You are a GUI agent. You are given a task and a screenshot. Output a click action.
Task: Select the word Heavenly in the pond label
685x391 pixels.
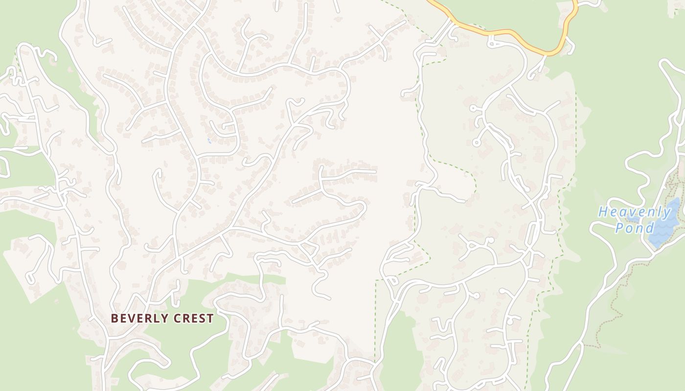coord(635,212)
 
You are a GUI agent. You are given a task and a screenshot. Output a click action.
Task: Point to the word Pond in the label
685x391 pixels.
coord(635,228)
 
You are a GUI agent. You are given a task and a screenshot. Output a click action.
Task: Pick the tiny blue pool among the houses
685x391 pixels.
coord(209,141)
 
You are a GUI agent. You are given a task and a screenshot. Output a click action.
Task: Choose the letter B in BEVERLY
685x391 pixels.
coord(114,319)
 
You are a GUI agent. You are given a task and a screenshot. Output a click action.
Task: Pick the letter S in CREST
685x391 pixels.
coord(202,319)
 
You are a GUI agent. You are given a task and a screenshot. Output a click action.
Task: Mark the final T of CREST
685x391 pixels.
coord(210,319)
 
